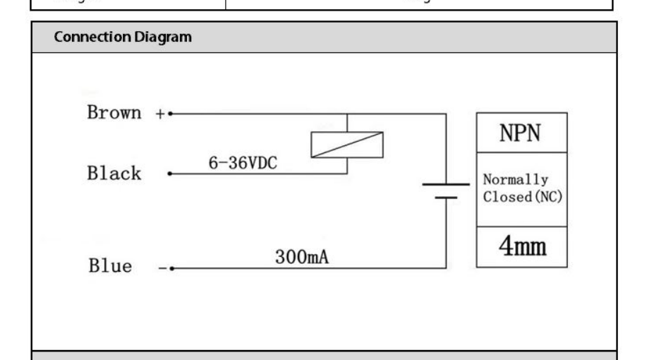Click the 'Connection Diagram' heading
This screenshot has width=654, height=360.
click(x=123, y=37)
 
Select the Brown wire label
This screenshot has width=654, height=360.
click(x=114, y=113)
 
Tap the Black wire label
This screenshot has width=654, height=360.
click(x=114, y=174)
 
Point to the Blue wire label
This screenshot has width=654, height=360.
click(x=109, y=267)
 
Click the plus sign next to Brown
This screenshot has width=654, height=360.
click(x=159, y=113)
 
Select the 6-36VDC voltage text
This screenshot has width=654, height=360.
click(x=243, y=163)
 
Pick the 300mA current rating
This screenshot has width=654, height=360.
click(x=302, y=258)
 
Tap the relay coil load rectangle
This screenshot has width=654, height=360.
click(x=347, y=145)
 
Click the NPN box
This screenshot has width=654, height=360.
click(x=521, y=133)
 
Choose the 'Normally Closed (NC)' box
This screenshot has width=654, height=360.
click(x=521, y=188)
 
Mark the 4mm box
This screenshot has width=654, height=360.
click(x=521, y=247)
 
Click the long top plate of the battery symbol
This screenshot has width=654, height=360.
click(x=446, y=184)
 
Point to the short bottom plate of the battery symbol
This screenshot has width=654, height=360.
click(x=446, y=198)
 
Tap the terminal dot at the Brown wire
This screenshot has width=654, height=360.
click(x=171, y=113)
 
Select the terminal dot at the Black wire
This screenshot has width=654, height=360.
click(x=169, y=174)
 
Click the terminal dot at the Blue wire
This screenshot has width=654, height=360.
click(x=171, y=268)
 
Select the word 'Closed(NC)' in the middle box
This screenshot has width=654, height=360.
click(x=523, y=197)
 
